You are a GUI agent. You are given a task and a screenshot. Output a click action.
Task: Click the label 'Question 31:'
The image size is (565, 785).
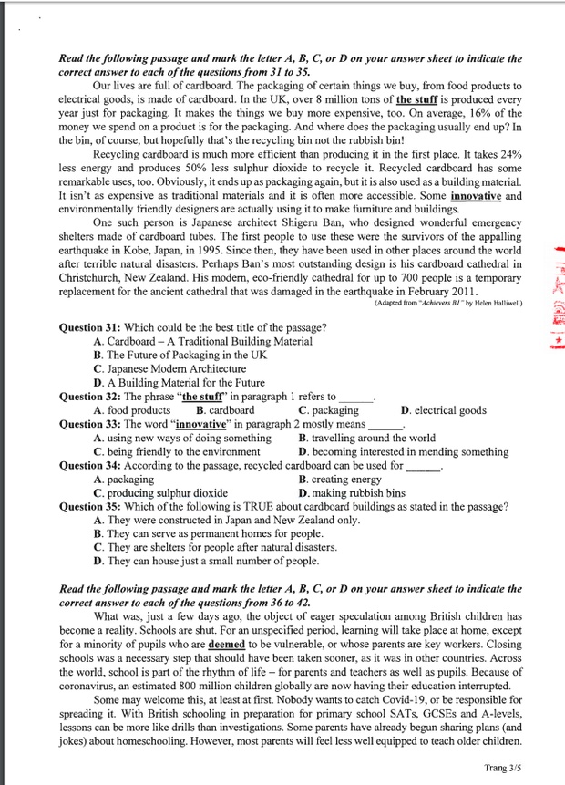pos(90,327)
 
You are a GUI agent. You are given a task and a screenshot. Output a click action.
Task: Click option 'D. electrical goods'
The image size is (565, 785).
pos(444,410)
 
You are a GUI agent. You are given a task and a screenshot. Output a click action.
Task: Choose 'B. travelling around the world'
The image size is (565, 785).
pos(367,438)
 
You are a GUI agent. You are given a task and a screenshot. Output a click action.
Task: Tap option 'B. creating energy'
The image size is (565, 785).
pos(341,479)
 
